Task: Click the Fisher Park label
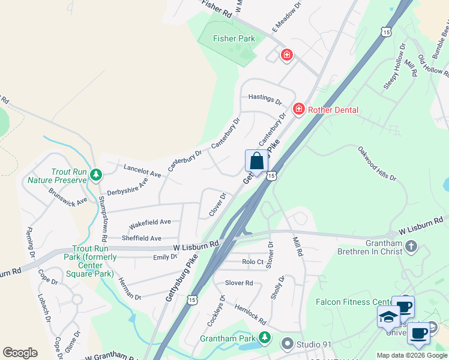234,39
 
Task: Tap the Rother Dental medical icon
298,109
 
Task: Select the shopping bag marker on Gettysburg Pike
256,161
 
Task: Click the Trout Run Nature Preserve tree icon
95,175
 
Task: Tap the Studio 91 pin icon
288,344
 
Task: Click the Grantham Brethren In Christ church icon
411,247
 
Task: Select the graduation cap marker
388,316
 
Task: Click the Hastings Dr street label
265,99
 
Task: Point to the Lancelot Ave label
142,170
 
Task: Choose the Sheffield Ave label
142,238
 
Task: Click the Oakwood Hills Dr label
377,163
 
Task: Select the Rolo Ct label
253,262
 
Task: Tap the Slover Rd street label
239,283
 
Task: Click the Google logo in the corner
20,353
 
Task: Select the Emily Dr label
165,257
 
